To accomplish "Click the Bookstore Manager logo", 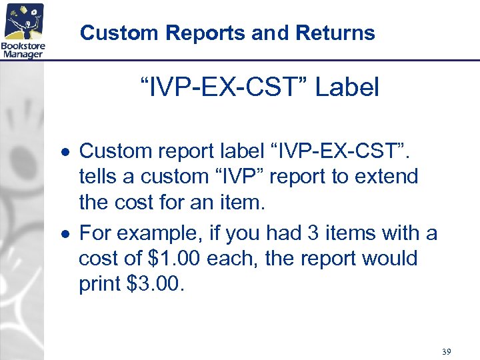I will pos(23,30).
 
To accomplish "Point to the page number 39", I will pos(446,351).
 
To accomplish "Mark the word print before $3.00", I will pos(99,284).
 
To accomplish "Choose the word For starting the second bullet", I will pos(94,233).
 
